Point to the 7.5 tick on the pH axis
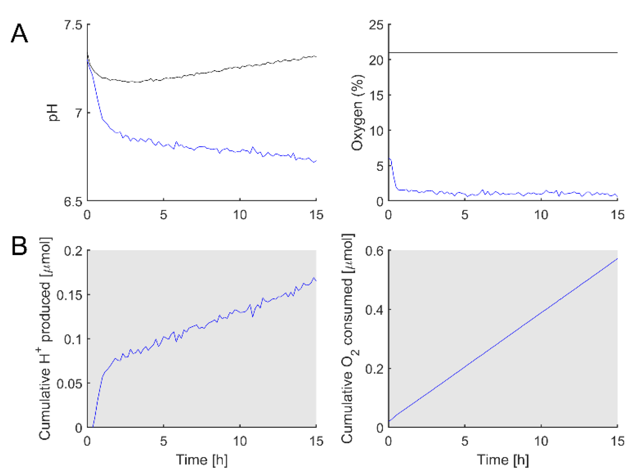[x=73, y=25]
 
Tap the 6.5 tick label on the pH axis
[x=73, y=202]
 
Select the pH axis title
[x=53, y=113]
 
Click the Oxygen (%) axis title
[x=357, y=113]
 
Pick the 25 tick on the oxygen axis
[x=376, y=25]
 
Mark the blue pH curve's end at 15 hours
[x=315, y=161]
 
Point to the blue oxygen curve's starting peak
[x=390, y=159]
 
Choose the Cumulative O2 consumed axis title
[x=348, y=339]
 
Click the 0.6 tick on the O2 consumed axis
[x=374, y=251]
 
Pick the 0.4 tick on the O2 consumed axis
[x=374, y=310]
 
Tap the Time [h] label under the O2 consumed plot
[x=503, y=460]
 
